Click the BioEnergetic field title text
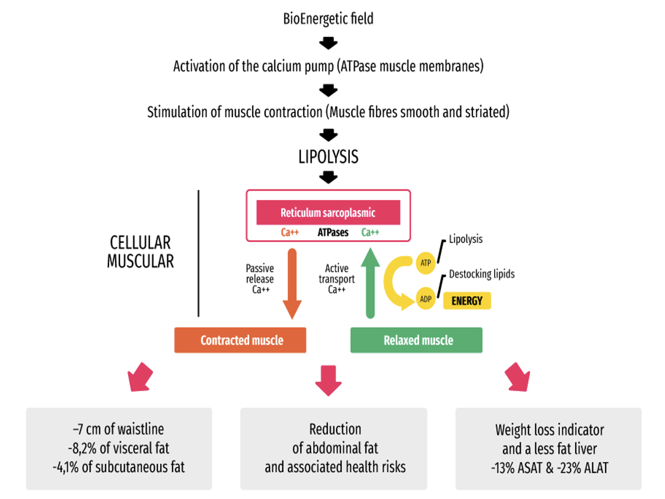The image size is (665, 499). coord(328,19)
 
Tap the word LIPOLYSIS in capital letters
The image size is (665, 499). coord(328,156)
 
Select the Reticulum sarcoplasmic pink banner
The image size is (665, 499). coord(328,212)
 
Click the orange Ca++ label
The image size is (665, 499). coord(290,232)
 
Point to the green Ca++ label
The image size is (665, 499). coord(370,232)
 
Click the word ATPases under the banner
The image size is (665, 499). coord(333,232)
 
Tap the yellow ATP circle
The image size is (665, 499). coord(426,263)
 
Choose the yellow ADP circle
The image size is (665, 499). coord(426,299)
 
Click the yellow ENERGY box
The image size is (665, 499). coord(467,301)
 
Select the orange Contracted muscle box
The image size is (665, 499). coord(240,340)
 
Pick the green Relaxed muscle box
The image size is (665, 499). coord(416,340)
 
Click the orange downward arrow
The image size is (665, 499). coord(292,283)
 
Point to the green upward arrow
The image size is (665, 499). coord(370,283)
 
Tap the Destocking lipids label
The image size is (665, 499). coord(481,274)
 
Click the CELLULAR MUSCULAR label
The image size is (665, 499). coord(140,252)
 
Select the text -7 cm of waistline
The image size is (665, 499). coord(119,429)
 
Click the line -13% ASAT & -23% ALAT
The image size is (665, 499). coord(549,468)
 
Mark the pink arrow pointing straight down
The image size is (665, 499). coord(328,381)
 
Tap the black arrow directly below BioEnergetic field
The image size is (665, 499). coord(328,43)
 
